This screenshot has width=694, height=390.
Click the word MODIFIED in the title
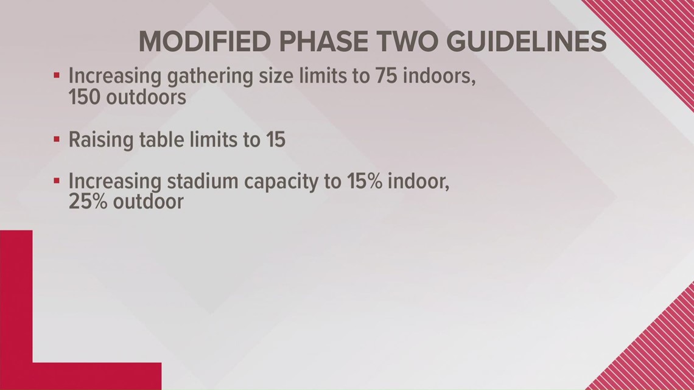(205, 41)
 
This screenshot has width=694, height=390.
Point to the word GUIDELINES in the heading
(526, 41)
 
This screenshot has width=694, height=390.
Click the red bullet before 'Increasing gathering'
(56, 75)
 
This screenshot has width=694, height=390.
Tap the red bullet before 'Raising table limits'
(56, 139)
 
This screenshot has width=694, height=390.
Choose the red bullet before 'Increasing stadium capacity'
(56, 181)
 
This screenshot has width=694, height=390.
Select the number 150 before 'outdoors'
(84, 97)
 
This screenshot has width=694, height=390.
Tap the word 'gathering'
(210, 77)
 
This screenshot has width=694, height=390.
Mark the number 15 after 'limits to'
(276, 140)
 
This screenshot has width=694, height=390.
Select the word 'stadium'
(202, 181)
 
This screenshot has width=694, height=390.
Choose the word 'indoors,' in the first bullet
(440, 77)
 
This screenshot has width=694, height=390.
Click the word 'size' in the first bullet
(276, 77)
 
